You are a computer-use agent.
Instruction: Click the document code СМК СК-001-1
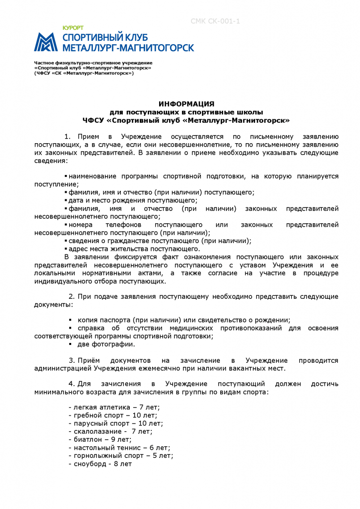click(215, 21)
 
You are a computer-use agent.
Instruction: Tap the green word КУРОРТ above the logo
click(73, 28)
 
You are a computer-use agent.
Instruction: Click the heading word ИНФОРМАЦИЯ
click(186, 103)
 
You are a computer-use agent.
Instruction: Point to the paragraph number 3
click(71, 360)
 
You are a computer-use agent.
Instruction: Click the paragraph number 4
click(71, 384)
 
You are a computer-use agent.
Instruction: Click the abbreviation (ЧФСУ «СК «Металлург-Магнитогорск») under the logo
click(84, 73)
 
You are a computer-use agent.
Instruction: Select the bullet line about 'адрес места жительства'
click(134, 249)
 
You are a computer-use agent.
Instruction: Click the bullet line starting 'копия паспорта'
click(183, 320)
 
